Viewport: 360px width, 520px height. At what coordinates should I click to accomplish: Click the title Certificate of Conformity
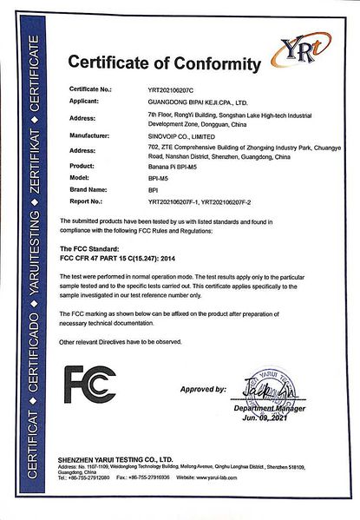click(164, 63)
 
